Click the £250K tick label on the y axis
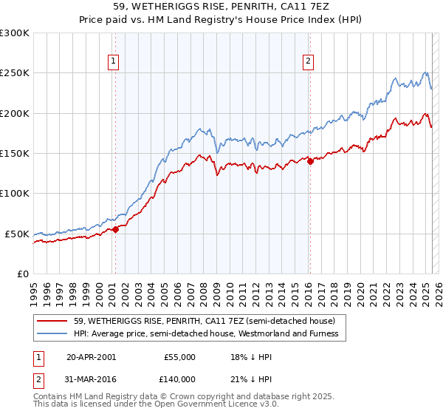coord(14,73)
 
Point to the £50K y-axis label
coord(17,234)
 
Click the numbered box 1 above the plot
coord(114,62)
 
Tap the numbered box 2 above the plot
coord(308,62)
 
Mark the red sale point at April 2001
coord(115,230)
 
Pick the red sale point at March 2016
coord(310,162)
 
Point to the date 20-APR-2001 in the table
coord(91,357)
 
